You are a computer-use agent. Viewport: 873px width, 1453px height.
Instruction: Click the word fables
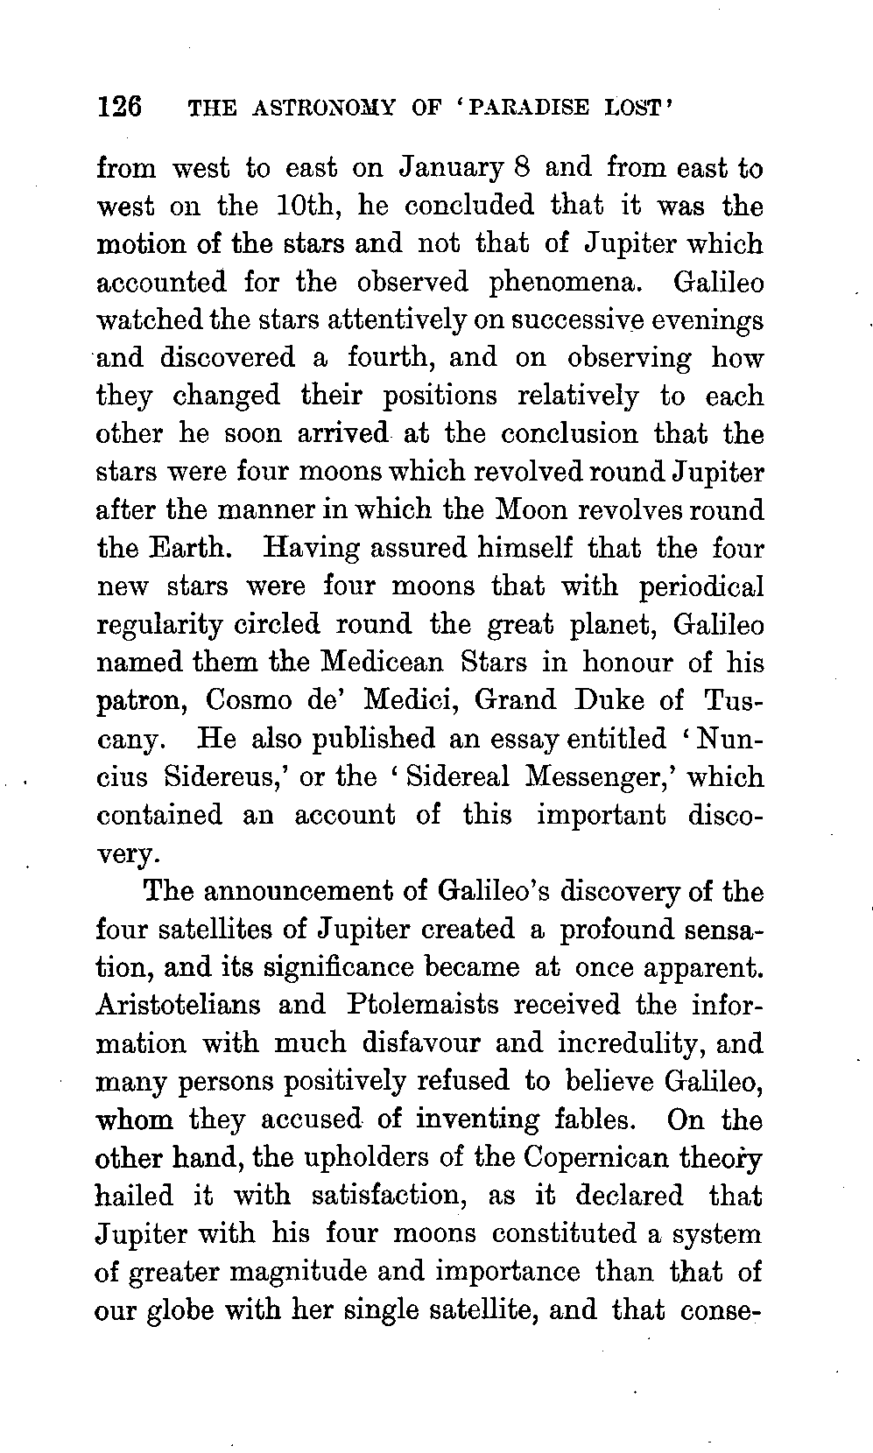602,1119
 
